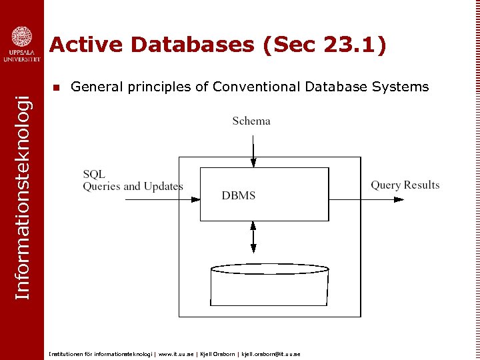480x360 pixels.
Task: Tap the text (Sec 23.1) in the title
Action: pos(325,45)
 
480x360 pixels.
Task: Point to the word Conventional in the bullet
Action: pos(255,87)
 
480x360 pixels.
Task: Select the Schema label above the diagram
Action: pos(251,121)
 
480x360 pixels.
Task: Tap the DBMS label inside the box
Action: pos(239,195)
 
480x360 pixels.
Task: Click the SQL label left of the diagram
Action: pos(94,174)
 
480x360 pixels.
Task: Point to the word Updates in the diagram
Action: pos(163,186)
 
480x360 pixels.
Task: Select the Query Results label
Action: pos(405,185)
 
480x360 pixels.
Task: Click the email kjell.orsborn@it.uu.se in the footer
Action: pos(271,354)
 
